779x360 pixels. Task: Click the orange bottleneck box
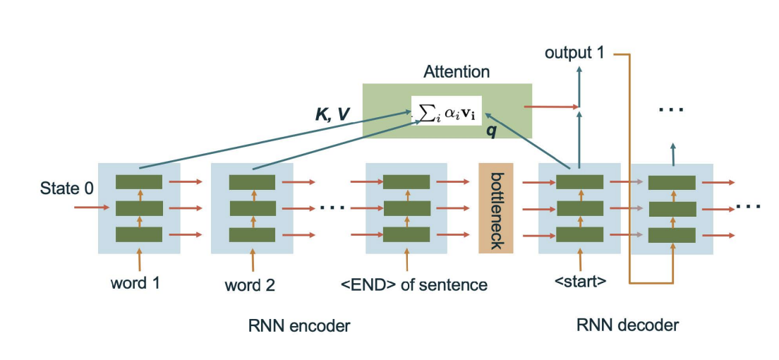pos(495,208)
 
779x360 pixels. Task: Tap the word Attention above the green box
pos(456,72)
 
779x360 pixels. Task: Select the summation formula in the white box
pos(447,111)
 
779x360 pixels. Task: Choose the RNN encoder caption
pos(300,325)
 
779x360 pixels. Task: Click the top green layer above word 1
pos(139,181)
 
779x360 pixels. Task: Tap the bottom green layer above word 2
pos(252,234)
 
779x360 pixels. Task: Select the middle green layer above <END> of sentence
pos(406,208)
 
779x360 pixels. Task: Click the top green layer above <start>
pos(579,181)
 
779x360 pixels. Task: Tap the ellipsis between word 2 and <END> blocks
pos(332,208)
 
